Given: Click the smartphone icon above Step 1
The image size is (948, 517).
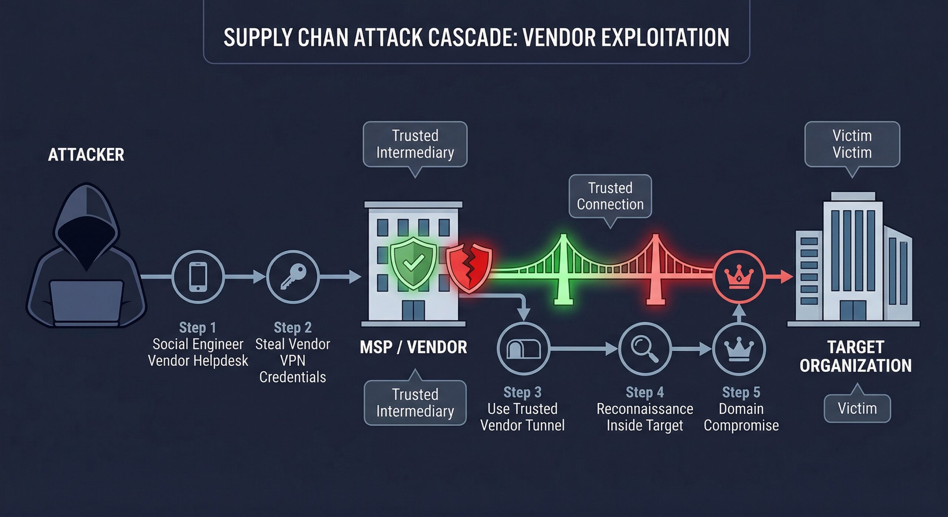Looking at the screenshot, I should point(198,277).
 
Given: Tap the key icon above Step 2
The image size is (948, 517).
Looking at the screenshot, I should point(293,277).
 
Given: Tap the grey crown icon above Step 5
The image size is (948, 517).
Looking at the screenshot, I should point(739,349).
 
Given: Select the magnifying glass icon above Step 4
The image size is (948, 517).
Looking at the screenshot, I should point(645,349).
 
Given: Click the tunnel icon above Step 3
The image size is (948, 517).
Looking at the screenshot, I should point(523,349).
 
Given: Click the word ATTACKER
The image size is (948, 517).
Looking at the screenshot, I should point(86,155).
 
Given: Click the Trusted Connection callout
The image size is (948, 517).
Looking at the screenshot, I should point(610,196).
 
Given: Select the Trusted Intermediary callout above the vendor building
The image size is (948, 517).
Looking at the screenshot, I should point(415,144).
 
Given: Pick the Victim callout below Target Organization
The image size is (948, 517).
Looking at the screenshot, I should point(857,408).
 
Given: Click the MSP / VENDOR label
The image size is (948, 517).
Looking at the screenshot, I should point(413,347).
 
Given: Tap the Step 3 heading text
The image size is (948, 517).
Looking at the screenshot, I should point(522,392).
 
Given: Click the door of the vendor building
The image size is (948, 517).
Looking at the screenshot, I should point(413,310).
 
